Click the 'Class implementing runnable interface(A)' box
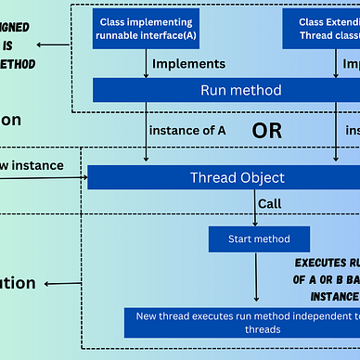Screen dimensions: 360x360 pos(146,30)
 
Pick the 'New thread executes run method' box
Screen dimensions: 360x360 pos(241,322)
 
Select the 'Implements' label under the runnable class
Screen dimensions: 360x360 pos(188,63)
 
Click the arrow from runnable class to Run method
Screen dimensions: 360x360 pos(147,63)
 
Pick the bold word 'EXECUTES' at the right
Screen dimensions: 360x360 pos(325,263)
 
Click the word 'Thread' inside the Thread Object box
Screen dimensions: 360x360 pos(212,176)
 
